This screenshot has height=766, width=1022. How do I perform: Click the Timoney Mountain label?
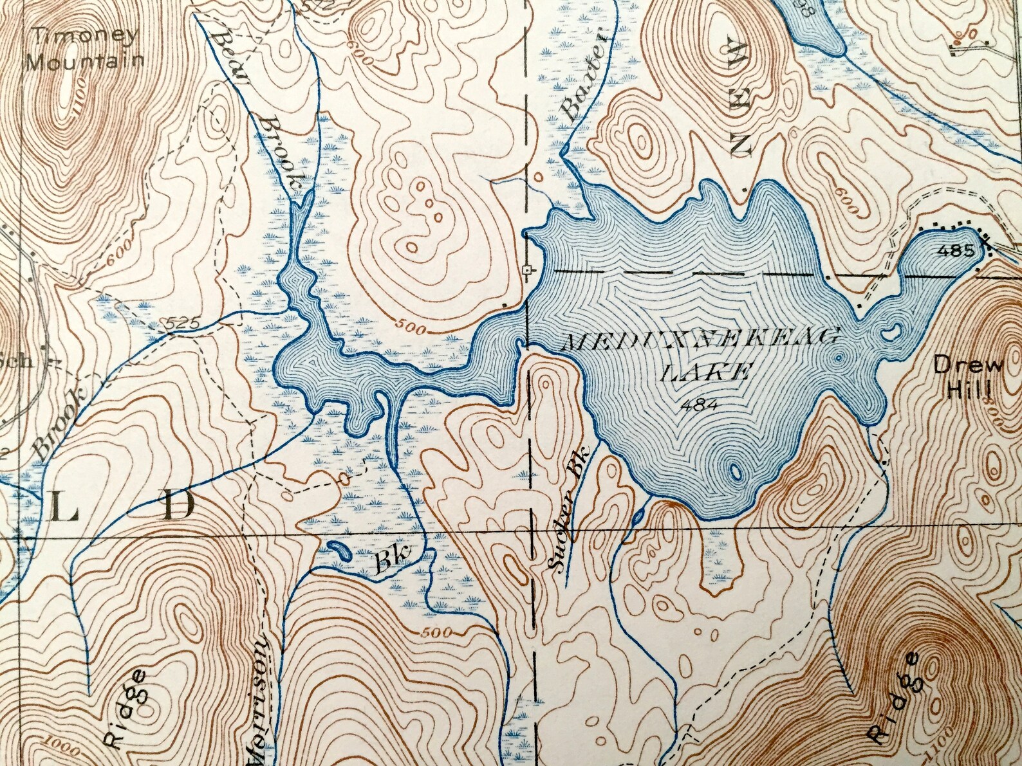click(87, 48)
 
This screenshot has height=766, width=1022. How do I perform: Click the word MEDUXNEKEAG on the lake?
click(701, 340)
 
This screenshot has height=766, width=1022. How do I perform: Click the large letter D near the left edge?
click(176, 506)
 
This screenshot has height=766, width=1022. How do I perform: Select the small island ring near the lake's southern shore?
click(734, 473)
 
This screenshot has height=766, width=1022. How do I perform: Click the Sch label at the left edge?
click(18, 360)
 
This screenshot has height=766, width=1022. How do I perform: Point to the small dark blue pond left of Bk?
click(337, 549)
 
